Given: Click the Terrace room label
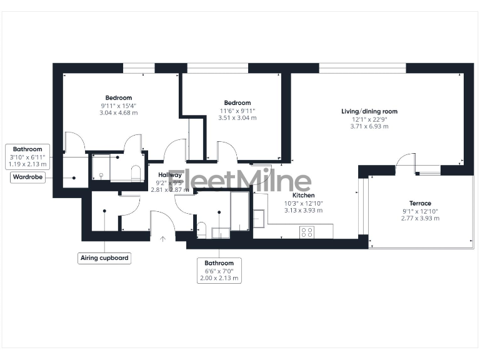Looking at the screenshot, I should (420, 203).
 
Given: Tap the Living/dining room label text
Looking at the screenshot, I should (369, 111).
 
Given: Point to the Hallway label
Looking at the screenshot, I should (170, 175).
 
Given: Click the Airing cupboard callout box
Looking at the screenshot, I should (105, 257).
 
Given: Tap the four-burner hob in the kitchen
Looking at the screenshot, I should (307, 232).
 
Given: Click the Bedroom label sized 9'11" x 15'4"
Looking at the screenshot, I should (118, 97).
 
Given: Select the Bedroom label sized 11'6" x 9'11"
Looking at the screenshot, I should (237, 102).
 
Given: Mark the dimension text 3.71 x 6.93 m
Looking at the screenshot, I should (369, 126).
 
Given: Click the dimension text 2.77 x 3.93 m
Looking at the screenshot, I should (420, 218).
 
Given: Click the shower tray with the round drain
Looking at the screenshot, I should (101, 167).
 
